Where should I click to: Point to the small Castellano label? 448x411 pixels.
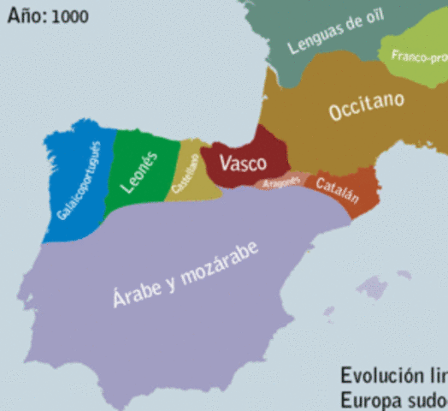pos(185,174)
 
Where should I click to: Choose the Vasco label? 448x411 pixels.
pos(243,163)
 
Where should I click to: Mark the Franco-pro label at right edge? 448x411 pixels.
pos(420,57)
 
